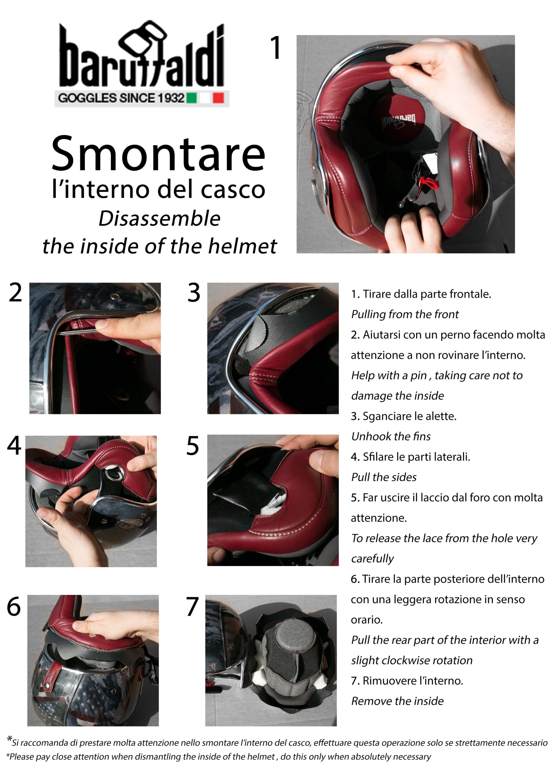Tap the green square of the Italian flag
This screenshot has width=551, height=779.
click(x=191, y=98)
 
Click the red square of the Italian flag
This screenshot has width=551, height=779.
click(x=218, y=98)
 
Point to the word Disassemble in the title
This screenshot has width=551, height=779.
click(x=159, y=218)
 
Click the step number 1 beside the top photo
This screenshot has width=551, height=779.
click(x=275, y=48)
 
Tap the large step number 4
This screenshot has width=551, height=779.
click(x=14, y=445)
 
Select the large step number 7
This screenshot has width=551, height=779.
click(x=192, y=606)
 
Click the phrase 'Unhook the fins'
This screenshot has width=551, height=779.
click(x=391, y=436)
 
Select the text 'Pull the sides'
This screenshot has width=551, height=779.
click(x=384, y=477)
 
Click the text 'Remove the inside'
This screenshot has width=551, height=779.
click(x=397, y=701)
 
